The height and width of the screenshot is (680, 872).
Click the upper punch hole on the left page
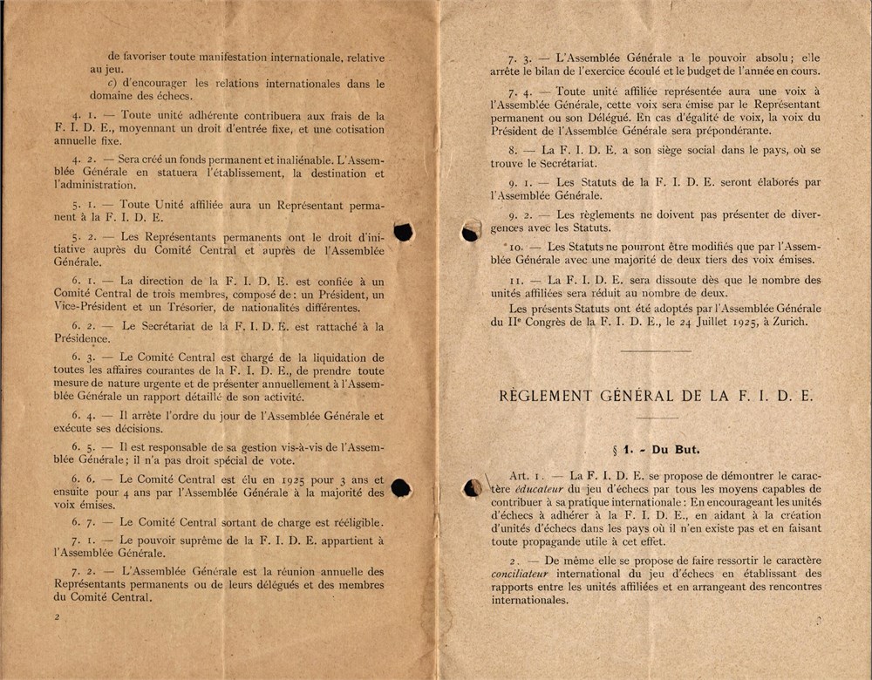(403, 231)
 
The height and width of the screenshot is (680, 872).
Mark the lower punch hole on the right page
(472, 488)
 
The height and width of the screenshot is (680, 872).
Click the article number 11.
(515, 281)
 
